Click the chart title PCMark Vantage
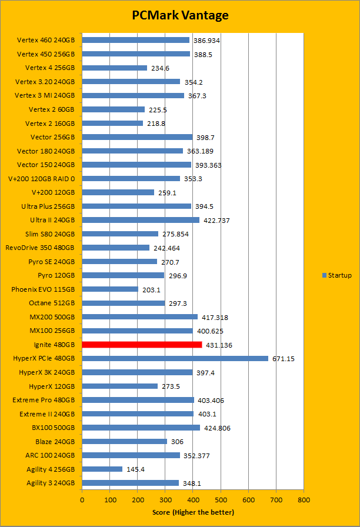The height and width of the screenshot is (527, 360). (x=180, y=15)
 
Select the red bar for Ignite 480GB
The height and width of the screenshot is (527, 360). (x=142, y=345)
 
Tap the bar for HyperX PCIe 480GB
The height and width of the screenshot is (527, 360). (x=175, y=358)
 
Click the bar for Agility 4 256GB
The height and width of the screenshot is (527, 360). (x=102, y=469)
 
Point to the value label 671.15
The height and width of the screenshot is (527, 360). (x=283, y=359)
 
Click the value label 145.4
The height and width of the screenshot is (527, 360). (x=136, y=469)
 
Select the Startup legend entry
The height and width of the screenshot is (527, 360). (x=337, y=275)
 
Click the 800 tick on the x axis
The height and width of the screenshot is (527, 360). (x=304, y=499)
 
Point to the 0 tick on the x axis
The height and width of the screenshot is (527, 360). (x=82, y=499)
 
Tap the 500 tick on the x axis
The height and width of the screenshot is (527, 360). (x=221, y=499)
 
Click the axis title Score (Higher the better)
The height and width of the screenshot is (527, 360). (x=192, y=512)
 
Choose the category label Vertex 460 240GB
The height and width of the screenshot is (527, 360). (x=46, y=40)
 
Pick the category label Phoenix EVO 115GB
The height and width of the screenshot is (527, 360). (x=43, y=289)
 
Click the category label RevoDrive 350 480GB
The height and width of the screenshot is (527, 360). (x=40, y=248)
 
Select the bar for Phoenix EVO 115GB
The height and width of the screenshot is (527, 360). (x=110, y=289)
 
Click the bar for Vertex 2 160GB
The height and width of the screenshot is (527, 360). (x=112, y=123)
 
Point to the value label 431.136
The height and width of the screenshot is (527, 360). (x=219, y=345)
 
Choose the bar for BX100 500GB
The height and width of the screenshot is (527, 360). (x=141, y=428)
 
